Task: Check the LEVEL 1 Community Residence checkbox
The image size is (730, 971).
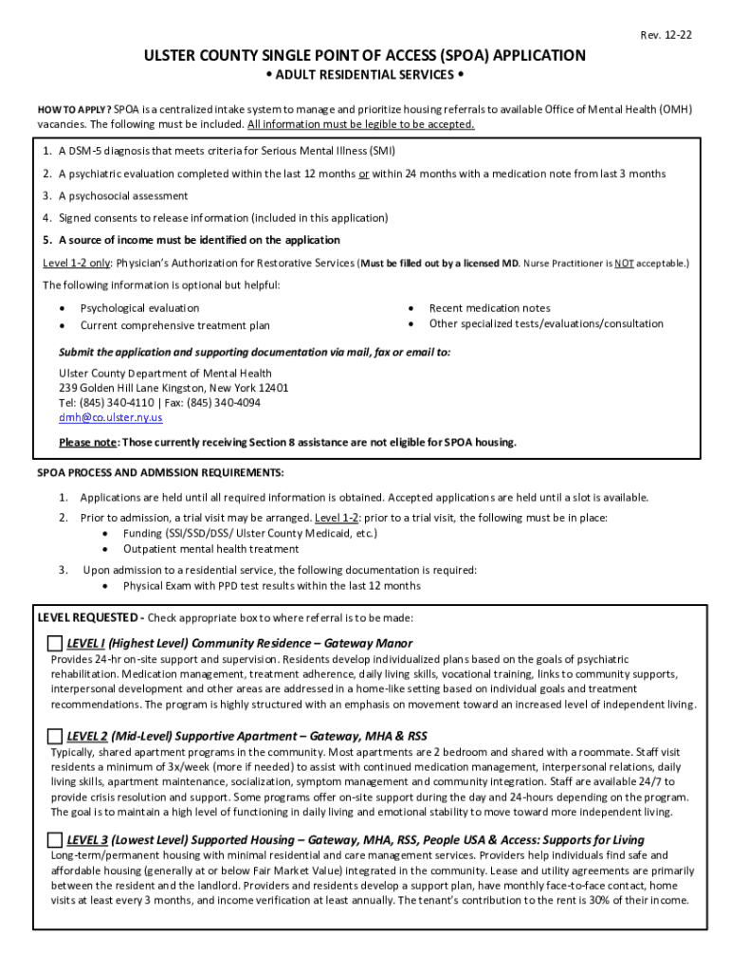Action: (55, 644)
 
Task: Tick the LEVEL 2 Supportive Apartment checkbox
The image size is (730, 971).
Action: (55, 737)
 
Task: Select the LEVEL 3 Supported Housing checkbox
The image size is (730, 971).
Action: (55, 840)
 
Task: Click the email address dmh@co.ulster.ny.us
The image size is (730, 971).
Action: (111, 417)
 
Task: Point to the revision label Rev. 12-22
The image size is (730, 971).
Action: (666, 35)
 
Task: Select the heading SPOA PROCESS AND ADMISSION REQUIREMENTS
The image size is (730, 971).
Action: (160, 473)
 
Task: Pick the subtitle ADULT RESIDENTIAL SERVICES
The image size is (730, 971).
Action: (365, 75)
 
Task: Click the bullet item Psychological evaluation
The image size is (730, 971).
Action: (139, 308)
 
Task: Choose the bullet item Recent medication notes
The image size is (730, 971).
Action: (489, 308)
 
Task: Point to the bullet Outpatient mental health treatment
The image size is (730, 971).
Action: (210, 549)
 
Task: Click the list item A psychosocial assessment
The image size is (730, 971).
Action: (123, 195)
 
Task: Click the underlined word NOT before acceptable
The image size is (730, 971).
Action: (623, 263)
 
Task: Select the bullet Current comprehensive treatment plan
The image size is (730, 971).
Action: (174, 325)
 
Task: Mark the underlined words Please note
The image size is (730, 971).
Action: (88, 443)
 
